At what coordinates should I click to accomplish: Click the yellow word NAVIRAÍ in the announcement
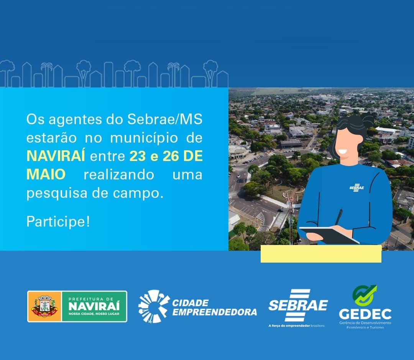click(56, 156)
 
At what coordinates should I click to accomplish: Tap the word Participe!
click(58, 222)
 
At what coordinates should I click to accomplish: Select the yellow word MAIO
click(46, 174)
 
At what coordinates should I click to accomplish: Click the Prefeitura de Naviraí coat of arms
click(44, 306)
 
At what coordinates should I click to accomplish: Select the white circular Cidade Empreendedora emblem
click(153, 306)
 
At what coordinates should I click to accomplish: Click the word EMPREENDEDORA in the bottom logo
click(214, 312)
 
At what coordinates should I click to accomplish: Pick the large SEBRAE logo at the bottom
click(298, 306)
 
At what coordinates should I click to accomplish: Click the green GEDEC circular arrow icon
click(365, 296)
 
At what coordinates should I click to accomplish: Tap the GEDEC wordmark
click(365, 314)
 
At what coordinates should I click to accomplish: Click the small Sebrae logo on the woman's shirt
click(356, 187)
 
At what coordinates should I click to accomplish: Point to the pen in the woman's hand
click(338, 217)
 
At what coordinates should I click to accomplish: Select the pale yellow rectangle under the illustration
click(321, 254)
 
